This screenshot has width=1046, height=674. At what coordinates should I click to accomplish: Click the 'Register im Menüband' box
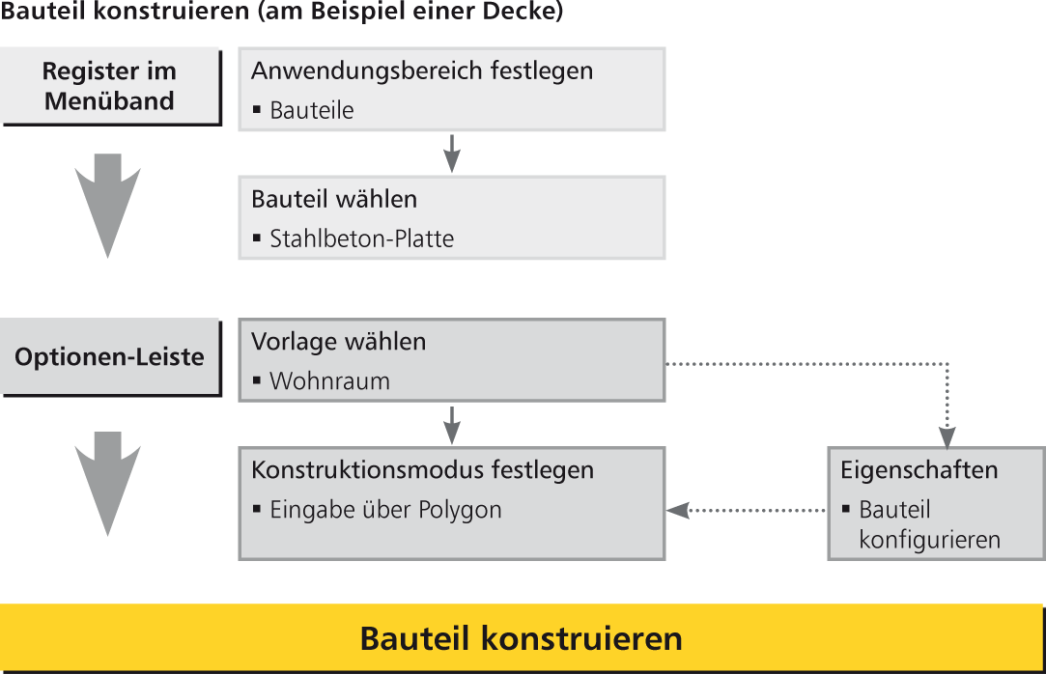(111, 87)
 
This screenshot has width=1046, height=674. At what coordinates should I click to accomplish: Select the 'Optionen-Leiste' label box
(111, 357)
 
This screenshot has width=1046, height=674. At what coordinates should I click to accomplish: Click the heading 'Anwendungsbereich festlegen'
(422, 70)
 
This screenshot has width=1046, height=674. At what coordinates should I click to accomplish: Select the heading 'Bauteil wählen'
(334, 199)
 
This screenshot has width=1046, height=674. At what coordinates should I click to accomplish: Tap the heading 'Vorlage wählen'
(339, 341)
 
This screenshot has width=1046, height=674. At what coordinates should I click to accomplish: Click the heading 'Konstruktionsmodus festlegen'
(423, 470)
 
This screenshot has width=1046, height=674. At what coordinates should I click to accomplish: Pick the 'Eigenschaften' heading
(919, 470)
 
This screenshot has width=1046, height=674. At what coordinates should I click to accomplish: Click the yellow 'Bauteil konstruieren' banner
(522, 638)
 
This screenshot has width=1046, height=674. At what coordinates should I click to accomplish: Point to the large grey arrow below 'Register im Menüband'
(107, 206)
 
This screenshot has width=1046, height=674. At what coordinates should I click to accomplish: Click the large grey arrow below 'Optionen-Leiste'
(107, 484)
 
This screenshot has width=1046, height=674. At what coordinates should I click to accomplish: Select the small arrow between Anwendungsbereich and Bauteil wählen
(452, 154)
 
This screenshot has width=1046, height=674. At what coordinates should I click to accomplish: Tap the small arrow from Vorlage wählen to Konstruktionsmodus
(452, 425)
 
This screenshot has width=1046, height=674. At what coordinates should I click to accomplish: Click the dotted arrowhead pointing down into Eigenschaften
(947, 437)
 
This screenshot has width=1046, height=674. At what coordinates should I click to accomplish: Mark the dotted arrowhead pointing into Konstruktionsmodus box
(677, 511)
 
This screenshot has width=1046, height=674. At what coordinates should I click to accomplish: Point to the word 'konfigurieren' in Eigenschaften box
(930, 540)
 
